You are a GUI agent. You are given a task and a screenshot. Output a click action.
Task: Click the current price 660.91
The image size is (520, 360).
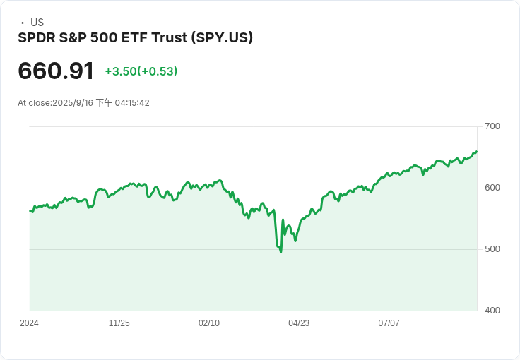56,71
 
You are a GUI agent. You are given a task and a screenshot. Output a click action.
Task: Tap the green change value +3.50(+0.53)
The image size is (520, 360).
141,71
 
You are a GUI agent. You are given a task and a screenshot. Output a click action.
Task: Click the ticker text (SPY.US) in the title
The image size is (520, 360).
222,37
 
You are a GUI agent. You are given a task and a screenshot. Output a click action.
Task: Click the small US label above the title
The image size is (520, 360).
37,23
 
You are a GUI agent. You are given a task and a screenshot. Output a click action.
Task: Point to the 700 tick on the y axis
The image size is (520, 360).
492,126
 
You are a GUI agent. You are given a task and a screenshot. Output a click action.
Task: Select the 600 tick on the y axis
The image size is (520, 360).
492,188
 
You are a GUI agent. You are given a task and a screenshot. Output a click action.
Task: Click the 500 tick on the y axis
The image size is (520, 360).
492,249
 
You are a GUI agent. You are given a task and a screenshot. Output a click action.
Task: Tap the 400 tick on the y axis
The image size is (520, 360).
492,311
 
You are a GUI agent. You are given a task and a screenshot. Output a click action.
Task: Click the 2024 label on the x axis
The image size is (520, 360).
29,323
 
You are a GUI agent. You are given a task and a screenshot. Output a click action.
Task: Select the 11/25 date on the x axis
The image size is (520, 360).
119,323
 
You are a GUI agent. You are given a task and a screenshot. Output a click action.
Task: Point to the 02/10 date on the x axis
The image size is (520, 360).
209,323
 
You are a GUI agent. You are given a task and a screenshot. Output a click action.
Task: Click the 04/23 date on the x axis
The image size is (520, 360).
299,323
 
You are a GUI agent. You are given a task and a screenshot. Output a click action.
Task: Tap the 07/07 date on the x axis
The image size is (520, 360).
389,323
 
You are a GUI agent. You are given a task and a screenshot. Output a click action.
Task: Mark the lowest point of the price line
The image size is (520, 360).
280,251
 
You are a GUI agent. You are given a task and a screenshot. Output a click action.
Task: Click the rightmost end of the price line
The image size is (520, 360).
477,151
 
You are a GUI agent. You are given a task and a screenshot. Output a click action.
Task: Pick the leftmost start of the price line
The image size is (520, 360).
30,210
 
